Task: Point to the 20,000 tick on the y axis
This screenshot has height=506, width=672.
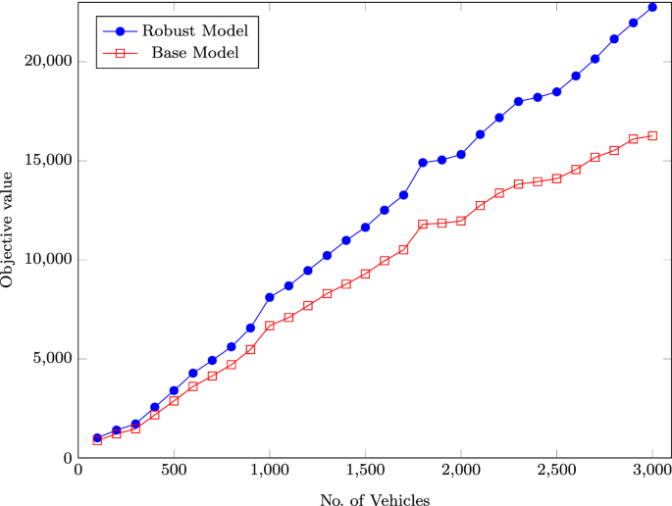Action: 47,61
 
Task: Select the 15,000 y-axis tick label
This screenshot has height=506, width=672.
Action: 47,161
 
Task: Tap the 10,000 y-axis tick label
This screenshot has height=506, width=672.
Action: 47,260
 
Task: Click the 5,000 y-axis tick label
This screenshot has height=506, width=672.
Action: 51,359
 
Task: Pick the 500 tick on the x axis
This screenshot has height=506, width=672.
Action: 174,471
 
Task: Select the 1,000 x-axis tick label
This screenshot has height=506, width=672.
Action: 269,471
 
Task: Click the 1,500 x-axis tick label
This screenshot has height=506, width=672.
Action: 365,471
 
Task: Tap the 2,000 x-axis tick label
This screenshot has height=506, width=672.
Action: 460,471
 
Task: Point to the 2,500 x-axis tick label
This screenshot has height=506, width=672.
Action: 556,471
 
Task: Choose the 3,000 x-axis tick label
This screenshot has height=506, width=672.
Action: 651,471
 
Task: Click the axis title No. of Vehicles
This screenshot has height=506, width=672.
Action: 374,499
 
